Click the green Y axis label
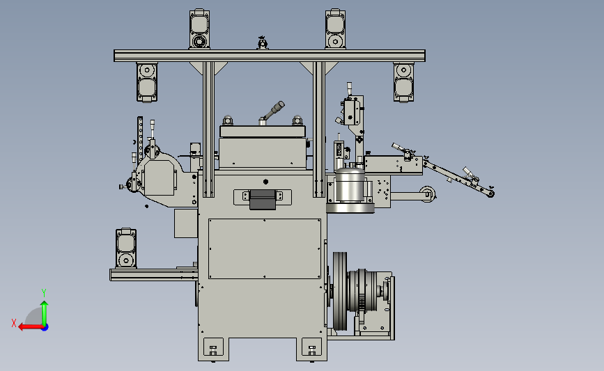click(44, 293)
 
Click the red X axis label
click(14, 323)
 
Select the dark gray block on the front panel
click(263, 200)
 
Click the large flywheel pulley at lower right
click(340, 292)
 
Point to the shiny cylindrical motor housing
click(350, 189)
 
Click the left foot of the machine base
click(213, 349)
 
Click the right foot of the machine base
click(311, 349)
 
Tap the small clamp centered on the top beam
click(263, 42)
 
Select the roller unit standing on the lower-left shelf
click(126, 248)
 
